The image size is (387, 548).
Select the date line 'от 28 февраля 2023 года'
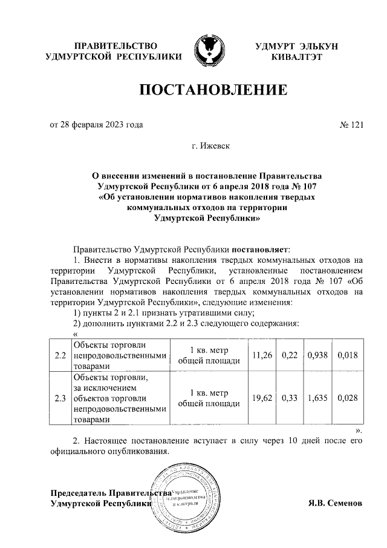(x=96, y=125)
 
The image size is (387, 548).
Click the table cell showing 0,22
(x=290, y=355)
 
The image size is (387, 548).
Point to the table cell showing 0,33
(x=290, y=398)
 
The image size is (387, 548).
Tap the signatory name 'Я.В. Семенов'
(x=334, y=503)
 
